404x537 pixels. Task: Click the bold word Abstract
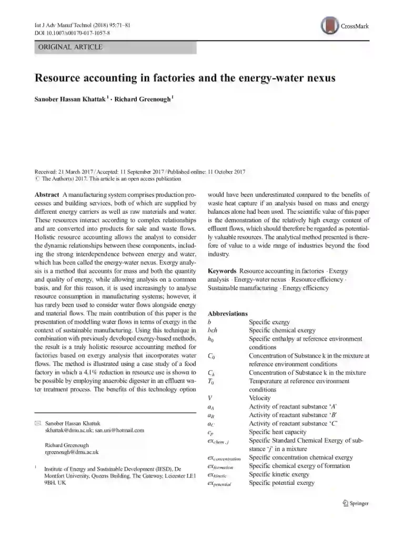(46, 195)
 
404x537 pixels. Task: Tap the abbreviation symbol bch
(213, 331)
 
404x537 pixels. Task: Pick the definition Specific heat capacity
(278, 432)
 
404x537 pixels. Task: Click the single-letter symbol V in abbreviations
(210, 398)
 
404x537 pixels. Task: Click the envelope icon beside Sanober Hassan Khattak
(37, 423)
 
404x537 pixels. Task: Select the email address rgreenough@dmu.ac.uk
(72, 452)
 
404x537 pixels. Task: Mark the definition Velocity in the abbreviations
(260, 398)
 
